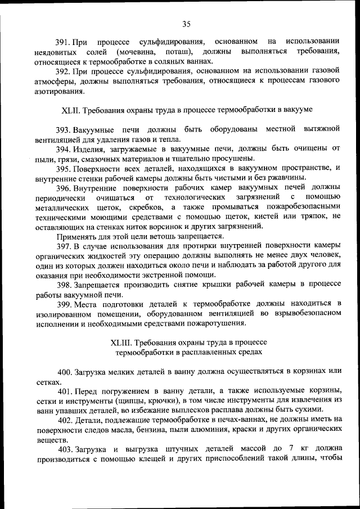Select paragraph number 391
[x=62, y=42]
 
